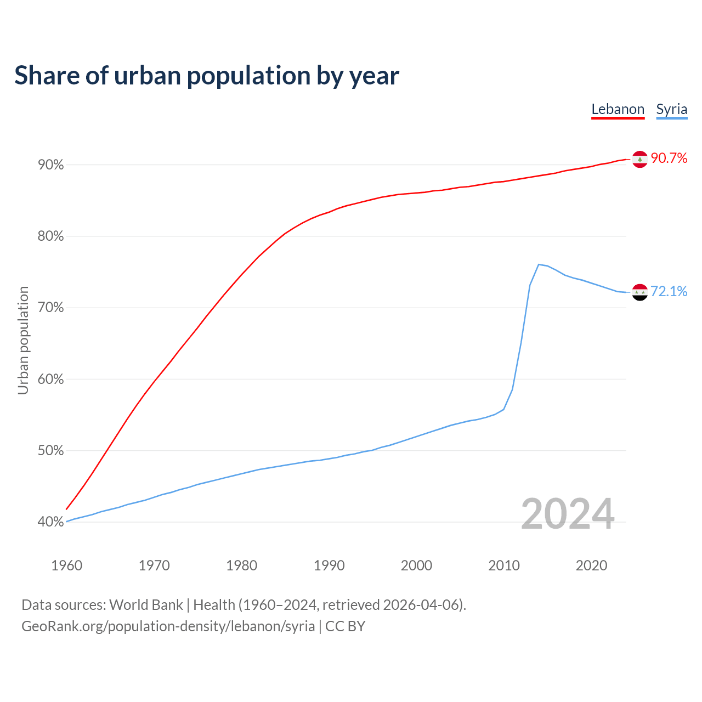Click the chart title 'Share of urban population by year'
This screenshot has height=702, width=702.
(207, 76)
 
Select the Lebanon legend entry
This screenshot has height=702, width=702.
(618, 109)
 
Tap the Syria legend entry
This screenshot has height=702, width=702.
(671, 109)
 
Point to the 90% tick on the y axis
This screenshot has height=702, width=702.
(50, 165)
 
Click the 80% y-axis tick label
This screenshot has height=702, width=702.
(50, 236)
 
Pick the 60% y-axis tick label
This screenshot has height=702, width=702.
(50, 380)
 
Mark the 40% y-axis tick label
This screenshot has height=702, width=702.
(50, 522)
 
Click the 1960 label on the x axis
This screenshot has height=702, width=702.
(66, 565)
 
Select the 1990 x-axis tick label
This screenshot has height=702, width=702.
(329, 565)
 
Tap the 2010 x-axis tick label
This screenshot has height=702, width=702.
(504, 565)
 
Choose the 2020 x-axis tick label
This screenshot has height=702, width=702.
(591, 565)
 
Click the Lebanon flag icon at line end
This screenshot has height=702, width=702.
(640, 159)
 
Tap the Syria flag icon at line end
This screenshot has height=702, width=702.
(640, 292)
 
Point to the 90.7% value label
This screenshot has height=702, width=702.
(669, 158)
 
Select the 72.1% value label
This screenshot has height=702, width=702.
(669, 292)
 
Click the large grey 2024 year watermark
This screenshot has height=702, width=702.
(568, 514)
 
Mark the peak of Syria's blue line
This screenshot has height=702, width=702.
(539, 264)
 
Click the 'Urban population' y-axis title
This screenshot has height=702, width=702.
(23, 340)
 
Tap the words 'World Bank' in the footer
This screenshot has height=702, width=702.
(146, 605)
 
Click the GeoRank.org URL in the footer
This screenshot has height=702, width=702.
(168, 626)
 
